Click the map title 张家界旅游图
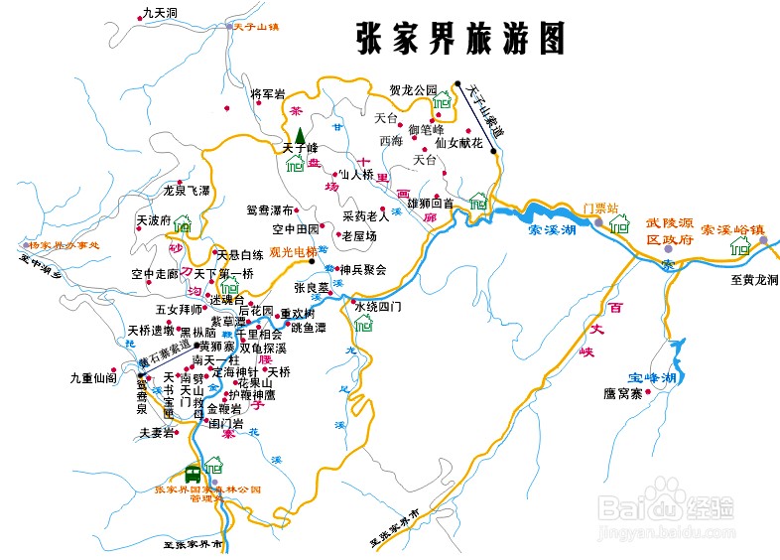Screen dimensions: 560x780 460,39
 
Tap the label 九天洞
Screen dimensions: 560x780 159,13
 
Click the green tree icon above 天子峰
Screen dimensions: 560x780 300,135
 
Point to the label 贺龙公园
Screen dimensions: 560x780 413,90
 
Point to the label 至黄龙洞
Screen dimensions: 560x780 754,280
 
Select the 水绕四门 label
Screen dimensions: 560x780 378,307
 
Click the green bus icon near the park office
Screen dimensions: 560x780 193,476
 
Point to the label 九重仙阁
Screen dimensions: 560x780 93,378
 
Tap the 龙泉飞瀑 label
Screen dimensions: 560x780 187,190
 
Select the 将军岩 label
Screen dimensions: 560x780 268,94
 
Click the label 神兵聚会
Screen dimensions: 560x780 363,269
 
